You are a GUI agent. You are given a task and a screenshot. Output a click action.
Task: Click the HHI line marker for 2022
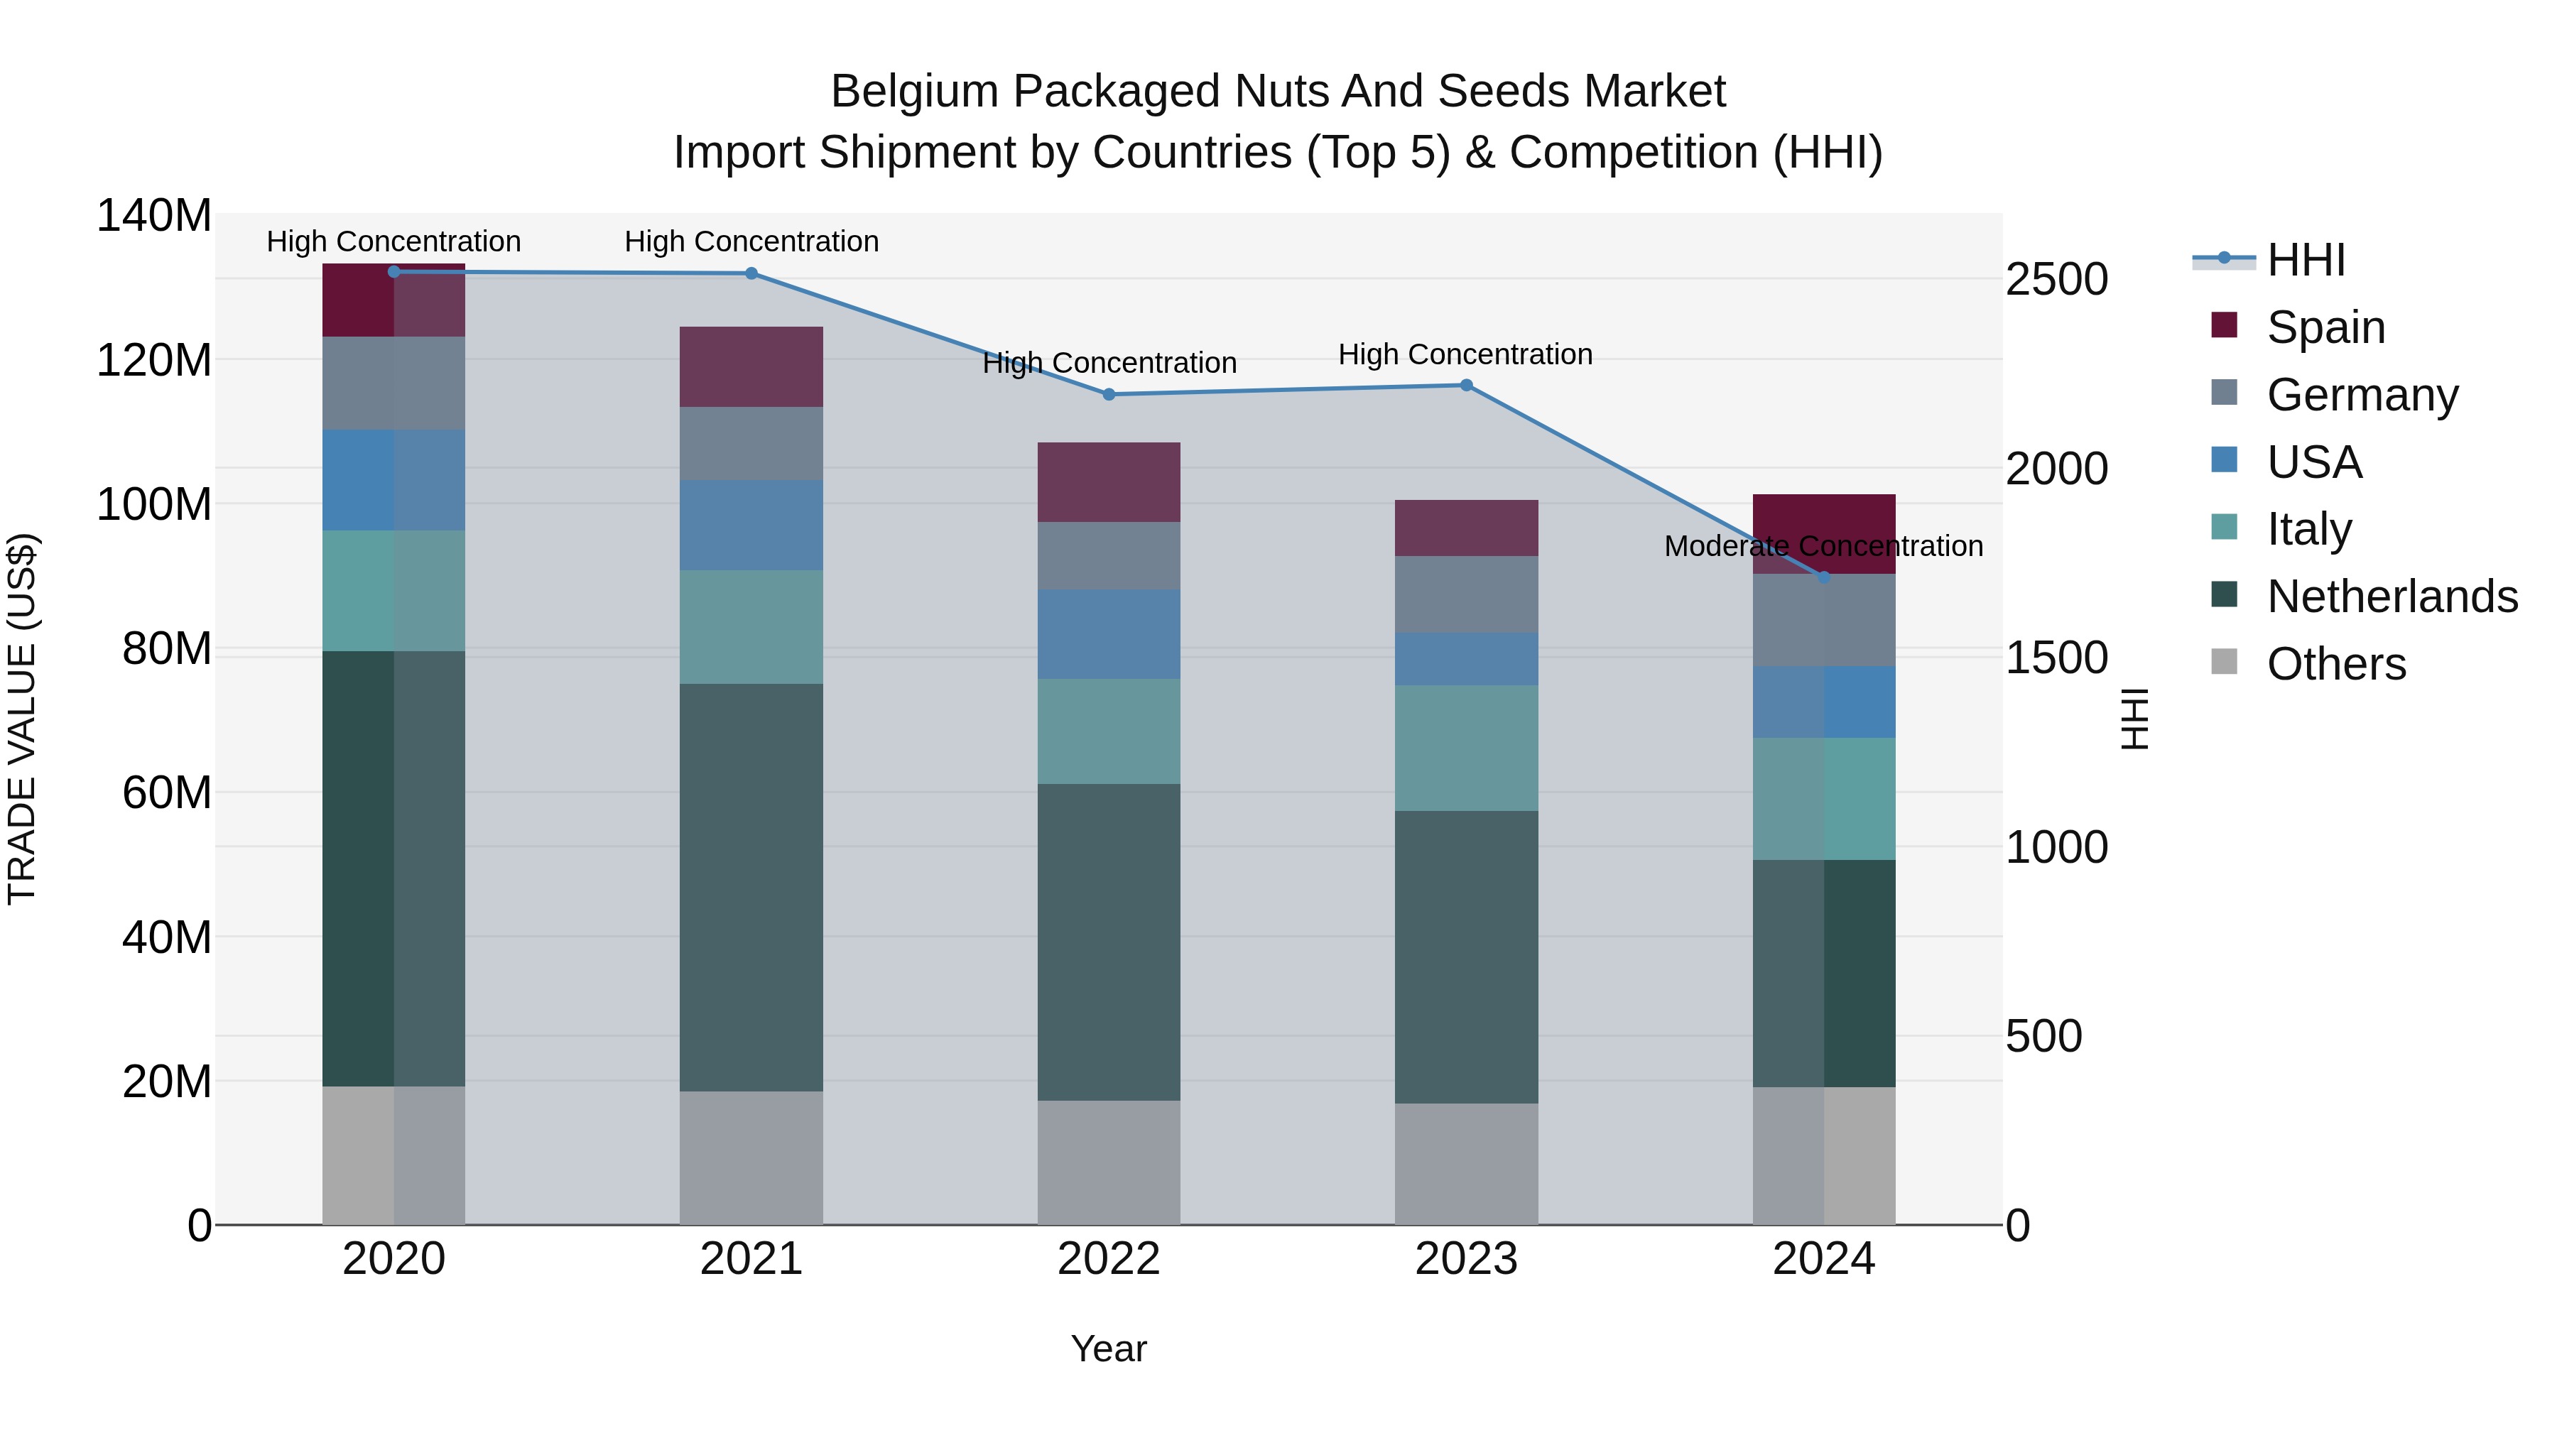coord(1109,394)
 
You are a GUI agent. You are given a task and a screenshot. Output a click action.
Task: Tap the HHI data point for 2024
coord(1823,577)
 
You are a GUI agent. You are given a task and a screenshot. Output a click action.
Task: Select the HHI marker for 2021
coord(751,273)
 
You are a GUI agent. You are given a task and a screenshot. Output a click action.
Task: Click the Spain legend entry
coord(2325,327)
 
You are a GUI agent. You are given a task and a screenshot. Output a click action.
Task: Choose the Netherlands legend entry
coord(2392,597)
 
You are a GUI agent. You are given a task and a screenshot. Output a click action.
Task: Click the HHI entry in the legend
coord(2306,260)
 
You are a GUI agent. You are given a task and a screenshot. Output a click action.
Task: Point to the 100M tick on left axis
coord(154,504)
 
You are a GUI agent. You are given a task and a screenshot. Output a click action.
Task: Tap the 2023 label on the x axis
coord(1466,1259)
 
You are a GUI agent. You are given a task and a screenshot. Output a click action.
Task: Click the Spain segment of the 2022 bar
coord(1109,481)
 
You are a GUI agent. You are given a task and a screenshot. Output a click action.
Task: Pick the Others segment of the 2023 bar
coord(1466,1163)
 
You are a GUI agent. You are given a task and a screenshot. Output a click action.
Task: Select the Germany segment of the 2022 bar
coord(1109,556)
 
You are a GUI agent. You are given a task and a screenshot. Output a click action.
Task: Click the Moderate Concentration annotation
coord(1823,546)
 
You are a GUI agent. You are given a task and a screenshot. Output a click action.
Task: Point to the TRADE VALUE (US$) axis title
coord(22,719)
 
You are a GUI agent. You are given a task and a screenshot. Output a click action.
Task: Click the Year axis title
coord(1109,1349)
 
